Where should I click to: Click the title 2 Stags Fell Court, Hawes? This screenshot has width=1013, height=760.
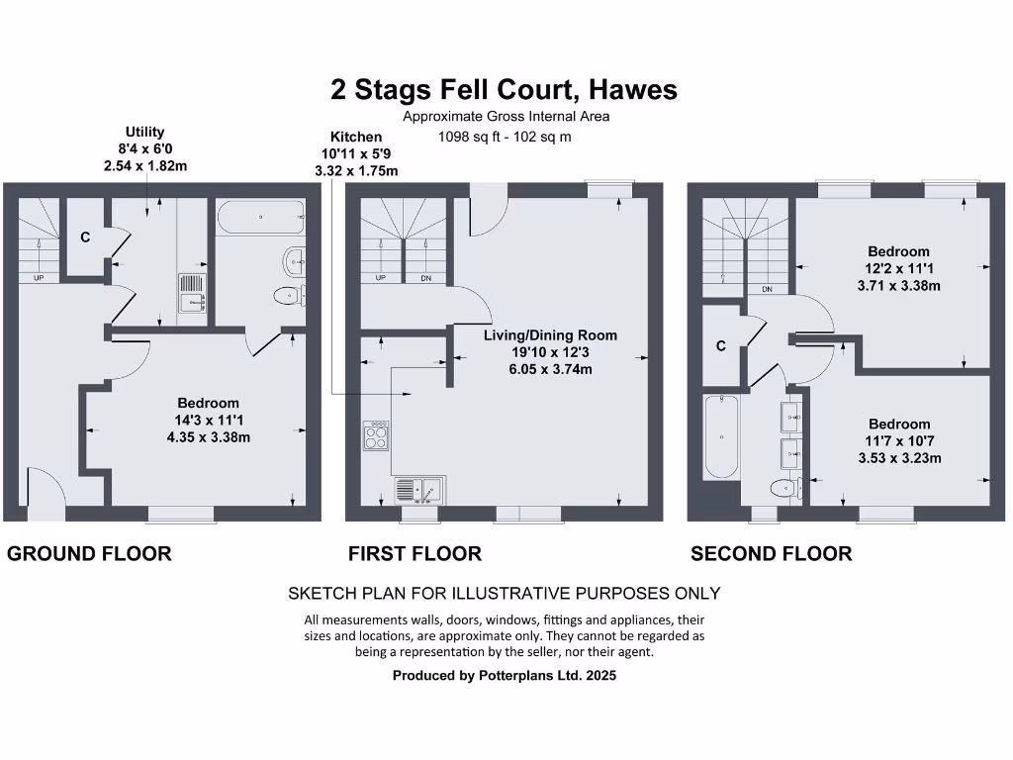504,90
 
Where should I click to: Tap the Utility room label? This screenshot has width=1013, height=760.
144,132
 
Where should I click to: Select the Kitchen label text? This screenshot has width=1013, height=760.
356,137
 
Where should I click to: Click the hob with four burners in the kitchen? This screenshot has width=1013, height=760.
376,435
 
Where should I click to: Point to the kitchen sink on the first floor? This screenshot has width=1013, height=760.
419,491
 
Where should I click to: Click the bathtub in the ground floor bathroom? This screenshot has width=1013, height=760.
261,217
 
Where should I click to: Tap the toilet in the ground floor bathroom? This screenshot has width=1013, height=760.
290,297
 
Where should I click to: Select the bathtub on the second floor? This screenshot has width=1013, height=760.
721,436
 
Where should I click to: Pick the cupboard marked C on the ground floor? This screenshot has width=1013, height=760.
85,237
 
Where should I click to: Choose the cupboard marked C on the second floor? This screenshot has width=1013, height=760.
721,346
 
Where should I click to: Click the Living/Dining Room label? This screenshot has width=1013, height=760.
550,335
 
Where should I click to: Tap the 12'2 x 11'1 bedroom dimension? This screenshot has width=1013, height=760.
898,268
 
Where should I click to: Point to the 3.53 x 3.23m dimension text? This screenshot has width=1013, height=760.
899,458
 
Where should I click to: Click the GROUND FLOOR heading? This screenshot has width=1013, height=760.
89,554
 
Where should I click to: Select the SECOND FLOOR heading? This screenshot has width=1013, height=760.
772,554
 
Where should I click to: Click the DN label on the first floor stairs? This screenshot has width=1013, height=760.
425,278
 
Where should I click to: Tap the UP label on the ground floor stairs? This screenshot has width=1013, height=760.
39,278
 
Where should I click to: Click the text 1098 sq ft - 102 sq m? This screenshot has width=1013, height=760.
505,137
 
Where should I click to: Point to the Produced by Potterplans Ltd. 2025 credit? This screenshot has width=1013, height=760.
505,675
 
